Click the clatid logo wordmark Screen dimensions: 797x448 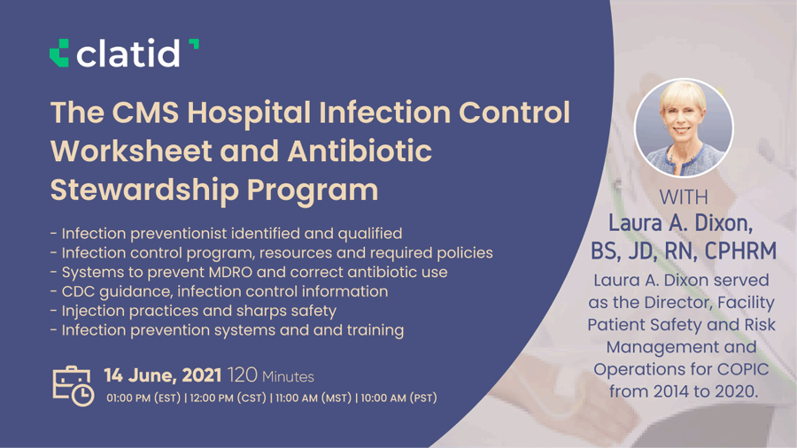point(128,53)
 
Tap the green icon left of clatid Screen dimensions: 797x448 point(59,53)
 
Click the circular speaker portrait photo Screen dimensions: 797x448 point(684,128)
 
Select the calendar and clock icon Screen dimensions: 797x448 point(74,386)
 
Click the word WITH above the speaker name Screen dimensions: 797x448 point(684,197)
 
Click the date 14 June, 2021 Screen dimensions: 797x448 point(163,375)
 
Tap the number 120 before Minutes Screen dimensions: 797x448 point(243,375)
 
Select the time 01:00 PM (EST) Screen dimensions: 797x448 point(143,398)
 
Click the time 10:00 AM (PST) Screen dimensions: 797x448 point(399,398)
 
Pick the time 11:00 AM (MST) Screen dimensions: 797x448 point(313,398)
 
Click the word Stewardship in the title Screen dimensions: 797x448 point(145,190)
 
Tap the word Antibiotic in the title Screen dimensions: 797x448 point(360,151)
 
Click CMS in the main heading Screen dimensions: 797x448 point(145,112)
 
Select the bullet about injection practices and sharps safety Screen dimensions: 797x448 point(194,311)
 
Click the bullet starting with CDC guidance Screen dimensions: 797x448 point(219,291)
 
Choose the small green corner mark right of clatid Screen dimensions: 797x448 point(194,44)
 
